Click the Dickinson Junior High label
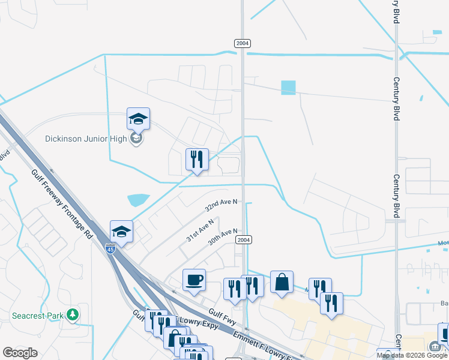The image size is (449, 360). point(86,139)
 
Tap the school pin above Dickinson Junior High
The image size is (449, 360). point(138,119)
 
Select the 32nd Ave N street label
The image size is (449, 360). point(221,206)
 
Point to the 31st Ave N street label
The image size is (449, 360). point(199,230)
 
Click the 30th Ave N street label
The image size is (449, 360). point(223,236)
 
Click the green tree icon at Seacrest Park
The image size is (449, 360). point(72,314)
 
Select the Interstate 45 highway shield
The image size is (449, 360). point(111,248)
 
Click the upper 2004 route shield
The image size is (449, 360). point(242,43)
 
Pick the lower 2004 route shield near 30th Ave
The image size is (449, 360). point(242,239)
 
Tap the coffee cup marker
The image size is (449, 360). point(194,280)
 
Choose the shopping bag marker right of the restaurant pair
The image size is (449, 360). point(282,282)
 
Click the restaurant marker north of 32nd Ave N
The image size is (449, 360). point(197,160)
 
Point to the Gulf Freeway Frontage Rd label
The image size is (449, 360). point(62,203)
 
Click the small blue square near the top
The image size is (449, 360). point(288,88)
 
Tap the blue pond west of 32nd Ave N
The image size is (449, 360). point(138,199)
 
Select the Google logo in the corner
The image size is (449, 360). point(20,353)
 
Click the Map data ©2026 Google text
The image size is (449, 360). point(412,355)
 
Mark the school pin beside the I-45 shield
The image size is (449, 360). point(121,232)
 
